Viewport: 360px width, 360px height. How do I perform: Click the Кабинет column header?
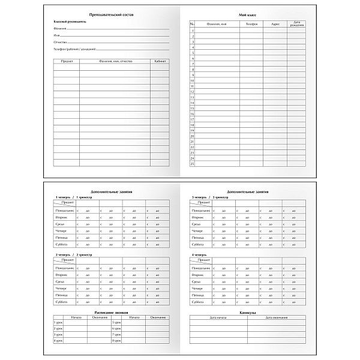click(160, 61)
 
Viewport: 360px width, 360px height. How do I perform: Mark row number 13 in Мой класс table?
click(192, 97)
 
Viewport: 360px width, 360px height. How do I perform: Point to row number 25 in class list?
click(192, 163)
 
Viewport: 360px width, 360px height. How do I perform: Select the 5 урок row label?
click(116, 323)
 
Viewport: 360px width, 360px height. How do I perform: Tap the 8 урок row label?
click(116, 341)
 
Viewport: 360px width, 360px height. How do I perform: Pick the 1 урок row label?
click(58, 323)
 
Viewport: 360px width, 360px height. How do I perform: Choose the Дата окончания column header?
click(276, 317)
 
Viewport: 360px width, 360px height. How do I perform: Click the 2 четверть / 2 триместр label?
click(75, 254)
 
